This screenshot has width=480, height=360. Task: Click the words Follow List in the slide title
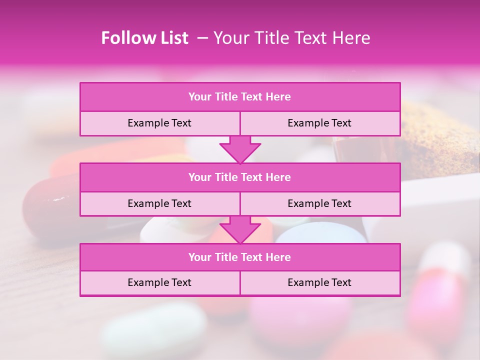pyautogui.click(x=144, y=38)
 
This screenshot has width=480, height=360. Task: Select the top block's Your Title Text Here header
pyautogui.click(x=239, y=97)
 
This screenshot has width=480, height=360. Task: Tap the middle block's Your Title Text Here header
pyautogui.click(x=239, y=177)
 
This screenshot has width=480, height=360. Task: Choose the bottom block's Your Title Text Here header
pyautogui.click(x=239, y=257)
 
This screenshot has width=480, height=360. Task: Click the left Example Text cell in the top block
pyautogui.click(x=159, y=123)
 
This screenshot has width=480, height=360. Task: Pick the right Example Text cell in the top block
pyautogui.click(x=319, y=123)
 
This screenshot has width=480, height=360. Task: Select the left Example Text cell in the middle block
pyautogui.click(x=159, y=203)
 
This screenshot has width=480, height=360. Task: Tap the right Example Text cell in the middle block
pyautogui.click(x=319, y=203)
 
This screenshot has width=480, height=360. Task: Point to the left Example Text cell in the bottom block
pyautogui.click(x=159, y=282)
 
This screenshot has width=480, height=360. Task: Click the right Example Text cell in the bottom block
pyautogui.click(x=319, y=282)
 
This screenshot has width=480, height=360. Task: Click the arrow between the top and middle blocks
pyautogui.click(x=240, y=149)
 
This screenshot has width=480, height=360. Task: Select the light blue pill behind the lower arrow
pyautogui.click(x=320, y=232)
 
